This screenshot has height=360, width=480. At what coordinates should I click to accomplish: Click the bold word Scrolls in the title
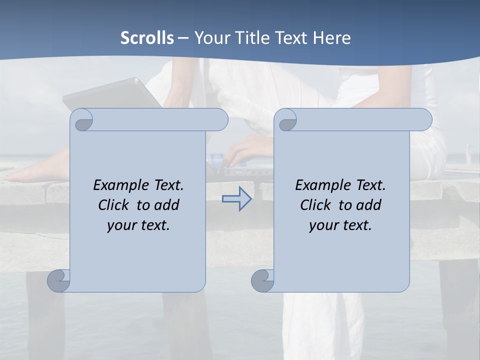pyautogui.click(x=147, y=38)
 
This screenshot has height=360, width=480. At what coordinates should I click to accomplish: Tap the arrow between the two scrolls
pyautogui.click(x=236, y=199)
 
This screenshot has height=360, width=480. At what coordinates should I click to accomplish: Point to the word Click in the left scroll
pyautogui.click(x=115, y=205)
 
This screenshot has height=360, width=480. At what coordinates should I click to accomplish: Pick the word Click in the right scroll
pyautogui.click(x=317, y=205)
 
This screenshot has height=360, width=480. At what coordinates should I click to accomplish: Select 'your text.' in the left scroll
pyautogui.click(x=138, y=225)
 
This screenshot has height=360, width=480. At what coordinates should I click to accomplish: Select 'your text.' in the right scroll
pyautogui.click(x=340, y=225)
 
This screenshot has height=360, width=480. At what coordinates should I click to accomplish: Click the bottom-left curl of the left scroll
pyautogui.click(x=58, y=280)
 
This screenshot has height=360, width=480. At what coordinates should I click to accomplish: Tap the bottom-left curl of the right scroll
pyautogui.click(x=262, y=280)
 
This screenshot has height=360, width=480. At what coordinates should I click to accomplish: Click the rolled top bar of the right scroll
pyautogui.click(x=360, y=119)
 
